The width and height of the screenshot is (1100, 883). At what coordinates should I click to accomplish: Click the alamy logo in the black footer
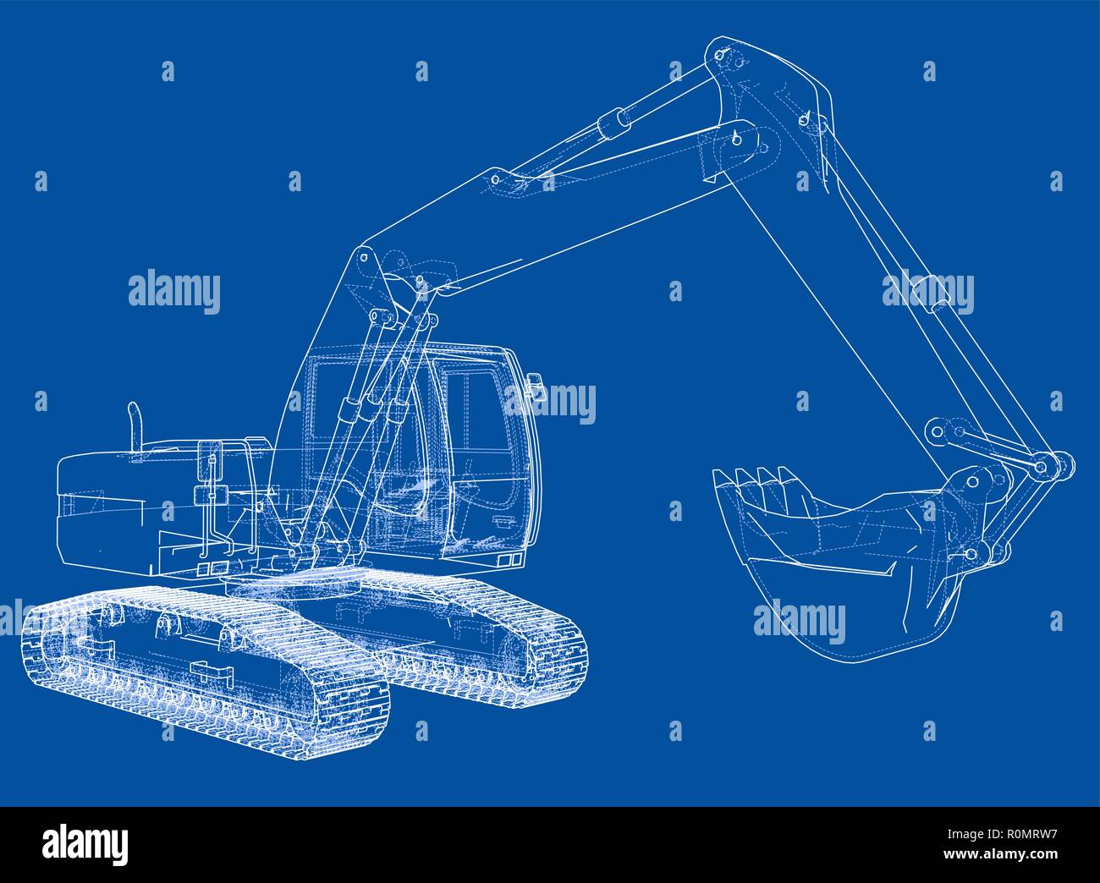[85, 843]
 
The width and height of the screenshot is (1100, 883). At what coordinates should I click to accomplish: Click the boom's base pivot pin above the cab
[365, 256]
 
